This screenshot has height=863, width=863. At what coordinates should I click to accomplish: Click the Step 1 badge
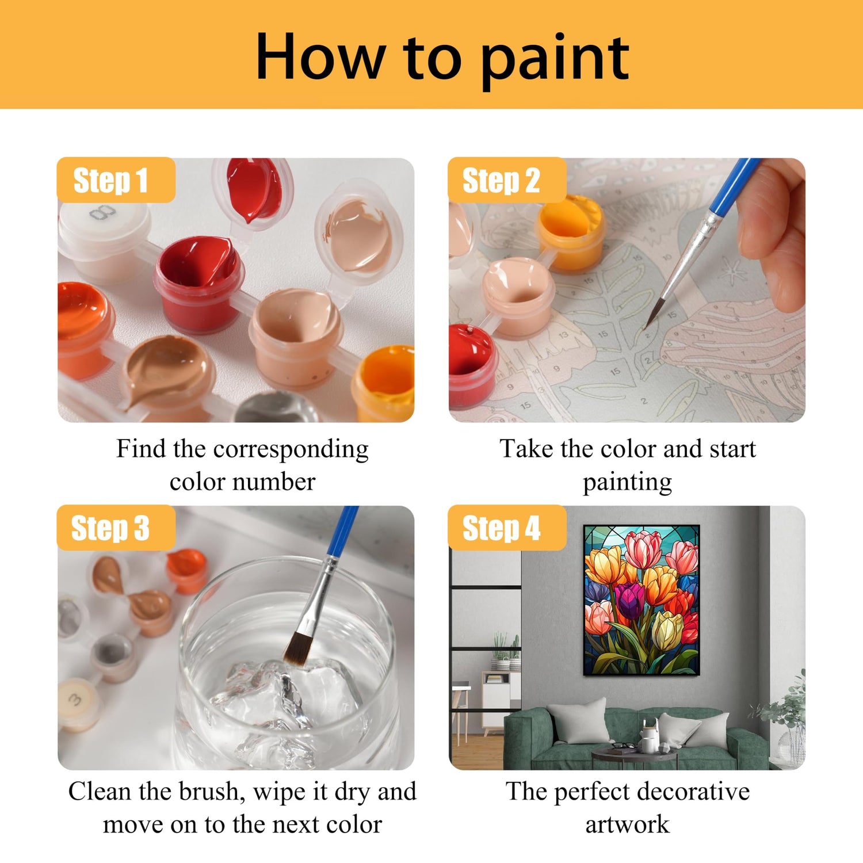[x=116, y=180]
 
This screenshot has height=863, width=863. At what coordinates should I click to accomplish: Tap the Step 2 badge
[x=507, y=180]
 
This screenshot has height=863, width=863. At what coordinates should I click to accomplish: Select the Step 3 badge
[x=116, y=528]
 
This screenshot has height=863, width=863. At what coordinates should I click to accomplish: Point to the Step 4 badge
[x=507, y=528]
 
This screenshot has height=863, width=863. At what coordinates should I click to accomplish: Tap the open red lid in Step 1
[x=253, y=190]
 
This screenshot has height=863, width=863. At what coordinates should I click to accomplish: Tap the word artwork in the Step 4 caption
[x=627, y=824]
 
